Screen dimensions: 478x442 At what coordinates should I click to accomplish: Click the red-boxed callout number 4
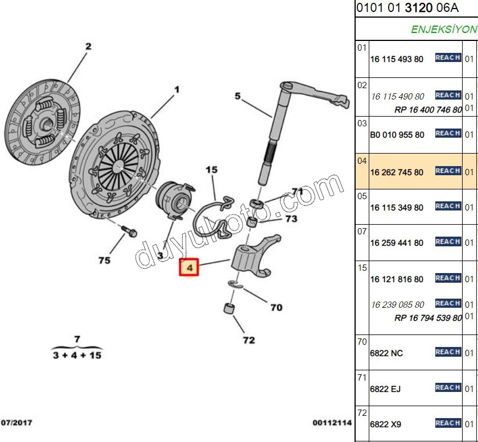189,267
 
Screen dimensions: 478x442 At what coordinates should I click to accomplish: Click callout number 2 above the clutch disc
88,46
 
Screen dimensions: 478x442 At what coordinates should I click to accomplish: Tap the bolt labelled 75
129,232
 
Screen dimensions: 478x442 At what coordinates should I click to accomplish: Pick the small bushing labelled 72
229,308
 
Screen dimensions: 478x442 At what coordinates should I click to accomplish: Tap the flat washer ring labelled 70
236,284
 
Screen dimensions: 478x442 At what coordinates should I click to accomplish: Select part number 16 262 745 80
397,172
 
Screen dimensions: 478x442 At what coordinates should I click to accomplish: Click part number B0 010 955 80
397,135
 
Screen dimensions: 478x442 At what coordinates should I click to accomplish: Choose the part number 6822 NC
386,353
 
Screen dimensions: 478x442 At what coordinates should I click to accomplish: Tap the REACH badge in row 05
448,206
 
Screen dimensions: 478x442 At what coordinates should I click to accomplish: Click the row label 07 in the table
362,232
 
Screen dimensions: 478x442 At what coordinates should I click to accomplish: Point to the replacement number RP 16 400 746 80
428,110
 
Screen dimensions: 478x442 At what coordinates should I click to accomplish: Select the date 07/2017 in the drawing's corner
17,423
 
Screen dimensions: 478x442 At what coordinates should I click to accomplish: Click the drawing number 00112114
332,423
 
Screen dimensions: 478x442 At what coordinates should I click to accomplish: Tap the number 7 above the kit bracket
77,339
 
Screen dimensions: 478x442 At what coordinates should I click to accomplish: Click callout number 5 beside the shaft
238,96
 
